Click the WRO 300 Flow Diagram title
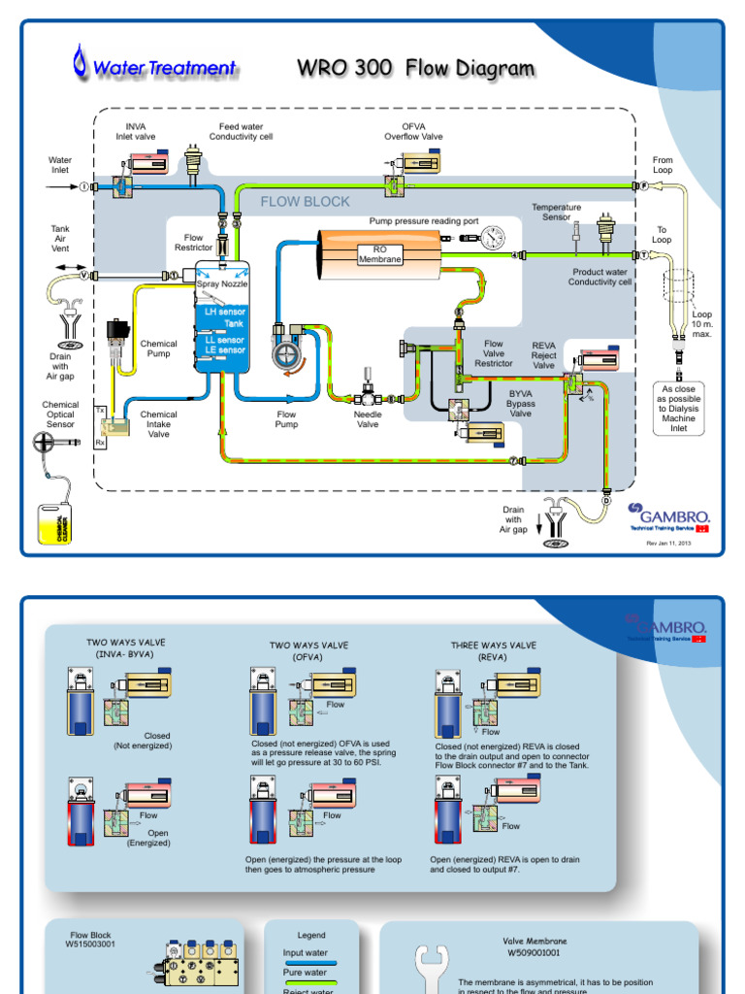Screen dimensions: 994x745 415,68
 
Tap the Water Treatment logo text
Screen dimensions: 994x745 163,68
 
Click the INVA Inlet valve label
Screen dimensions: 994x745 136,132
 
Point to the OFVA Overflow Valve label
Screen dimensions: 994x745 422,132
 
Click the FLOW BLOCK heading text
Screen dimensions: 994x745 305,202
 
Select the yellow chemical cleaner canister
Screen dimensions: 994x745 55,523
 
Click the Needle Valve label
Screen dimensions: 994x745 368,419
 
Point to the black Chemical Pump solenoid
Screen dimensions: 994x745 119,333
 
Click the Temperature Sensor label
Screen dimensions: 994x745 556,212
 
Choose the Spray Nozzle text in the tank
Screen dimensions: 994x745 222,283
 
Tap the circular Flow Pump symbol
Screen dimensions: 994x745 287,354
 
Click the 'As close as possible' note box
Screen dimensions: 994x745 678,408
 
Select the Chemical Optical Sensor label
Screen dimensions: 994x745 60,414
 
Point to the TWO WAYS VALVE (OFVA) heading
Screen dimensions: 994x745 308,650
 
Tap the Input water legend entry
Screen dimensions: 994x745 305,953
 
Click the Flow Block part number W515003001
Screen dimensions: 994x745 90,940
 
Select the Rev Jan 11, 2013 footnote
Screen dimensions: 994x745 668,544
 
